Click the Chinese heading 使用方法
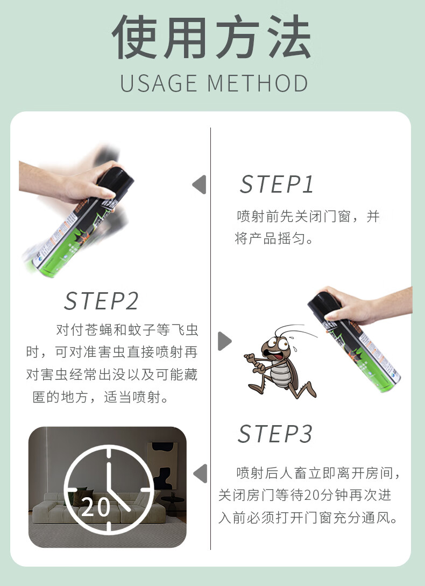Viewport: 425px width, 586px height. pos(211,37)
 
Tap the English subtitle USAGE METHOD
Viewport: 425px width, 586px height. pos(214,83)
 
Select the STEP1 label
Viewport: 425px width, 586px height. pos(277,184)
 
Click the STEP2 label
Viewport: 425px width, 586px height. pos(101,301)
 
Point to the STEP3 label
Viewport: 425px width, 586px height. pos(275,434)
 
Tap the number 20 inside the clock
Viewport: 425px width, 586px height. pos(96,507)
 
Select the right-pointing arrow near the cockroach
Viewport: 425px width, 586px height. pos(225,341)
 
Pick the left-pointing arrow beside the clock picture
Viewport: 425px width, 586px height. pos(200,473)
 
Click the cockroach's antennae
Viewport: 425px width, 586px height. pos(295,330)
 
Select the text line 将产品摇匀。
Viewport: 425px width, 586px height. pos(274,238)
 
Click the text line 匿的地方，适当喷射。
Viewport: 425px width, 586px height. pos(101,397)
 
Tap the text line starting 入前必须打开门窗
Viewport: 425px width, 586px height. pos(308,518)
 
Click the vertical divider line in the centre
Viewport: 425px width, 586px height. pos(210,338)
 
